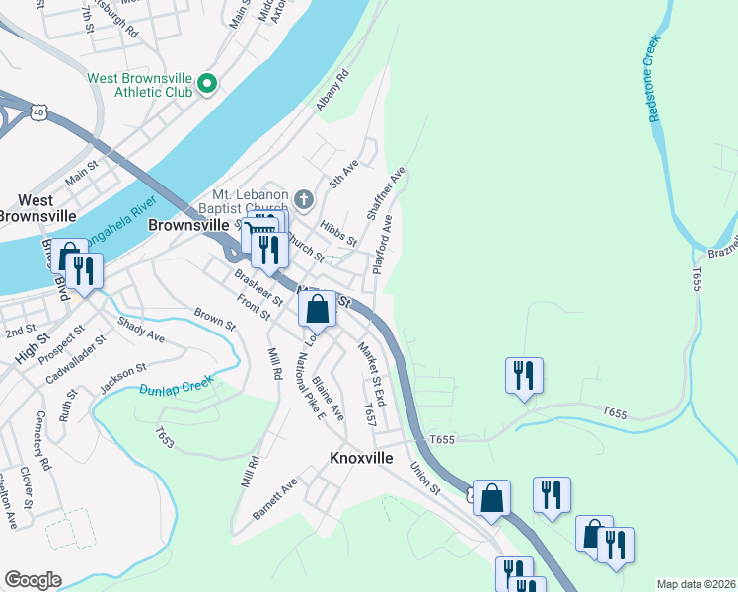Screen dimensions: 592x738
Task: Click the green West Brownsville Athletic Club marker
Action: tap(207, 85)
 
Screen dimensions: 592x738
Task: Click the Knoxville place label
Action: tap(360, 459)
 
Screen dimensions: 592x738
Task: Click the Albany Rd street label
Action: tap(329, 90)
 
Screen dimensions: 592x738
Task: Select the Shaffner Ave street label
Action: tap(388, 192)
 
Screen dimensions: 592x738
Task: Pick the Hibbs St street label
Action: tap(337, 234)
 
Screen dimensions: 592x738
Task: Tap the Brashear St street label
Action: tap(252, 294)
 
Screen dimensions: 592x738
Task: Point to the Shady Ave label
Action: tap(140, 329)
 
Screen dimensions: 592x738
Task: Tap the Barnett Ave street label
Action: tap(275, 499)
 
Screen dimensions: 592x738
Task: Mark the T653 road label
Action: tap(165, 436)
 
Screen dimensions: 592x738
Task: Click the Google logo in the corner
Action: tap(33, 579)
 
